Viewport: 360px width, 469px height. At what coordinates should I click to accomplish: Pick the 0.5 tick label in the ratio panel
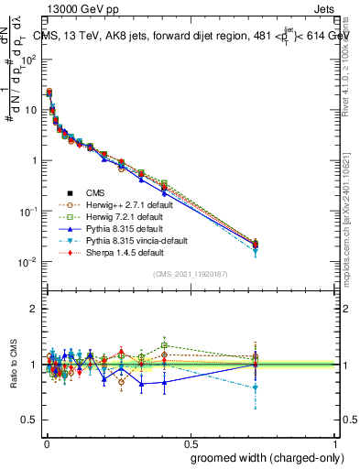coord(30,420)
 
